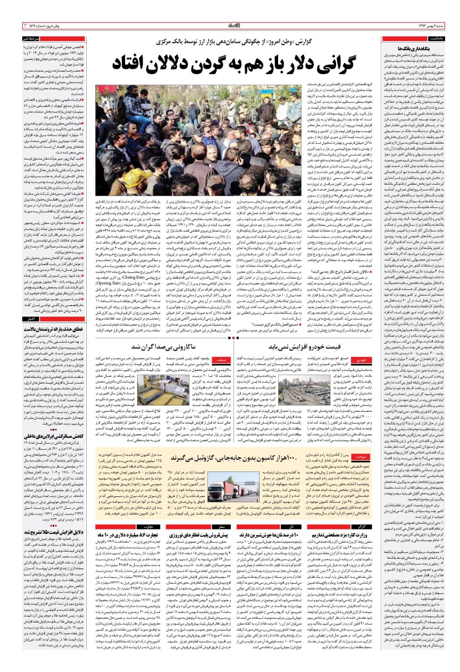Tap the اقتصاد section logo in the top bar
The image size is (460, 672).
pos(230,25)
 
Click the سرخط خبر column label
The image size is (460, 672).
pos(29,39)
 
